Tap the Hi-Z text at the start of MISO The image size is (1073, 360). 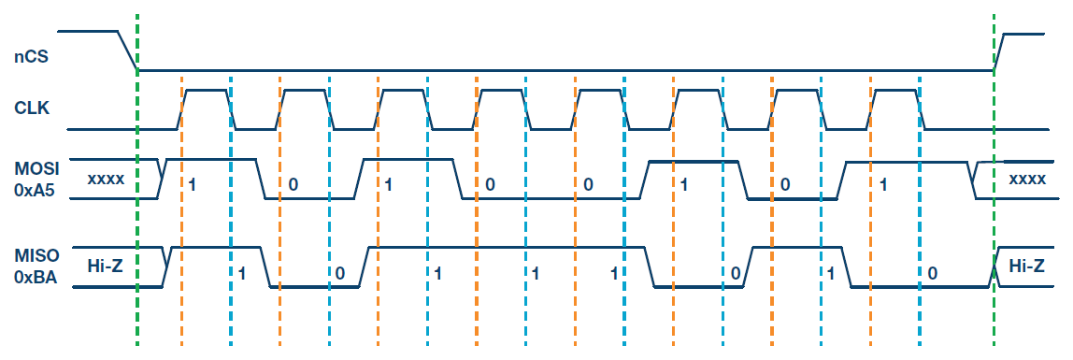tap(105, 266)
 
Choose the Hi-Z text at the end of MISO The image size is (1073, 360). tap(1027, 266)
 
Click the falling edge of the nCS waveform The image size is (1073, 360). tap(125, 51)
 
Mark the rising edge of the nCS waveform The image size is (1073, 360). tap(1000, 51)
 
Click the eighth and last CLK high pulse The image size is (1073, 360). tap(894, 91)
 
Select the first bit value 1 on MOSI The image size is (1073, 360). tap(192, 183)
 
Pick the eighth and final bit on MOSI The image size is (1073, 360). tap(882, 183)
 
